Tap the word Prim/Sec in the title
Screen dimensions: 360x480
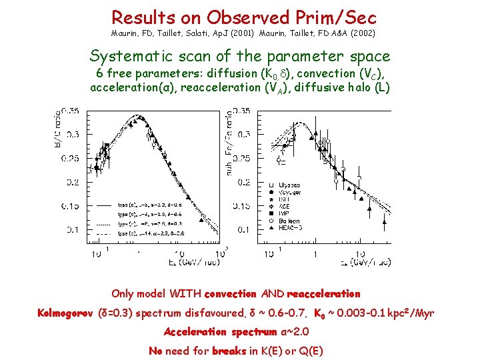(x=339, y=17)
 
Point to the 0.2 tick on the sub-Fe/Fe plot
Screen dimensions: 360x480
(x=241, y=182)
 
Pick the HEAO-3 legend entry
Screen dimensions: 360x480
(x=291, y=228)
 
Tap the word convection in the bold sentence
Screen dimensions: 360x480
(x=231, y=294)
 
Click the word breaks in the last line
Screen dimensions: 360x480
(x=230, y=351)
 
